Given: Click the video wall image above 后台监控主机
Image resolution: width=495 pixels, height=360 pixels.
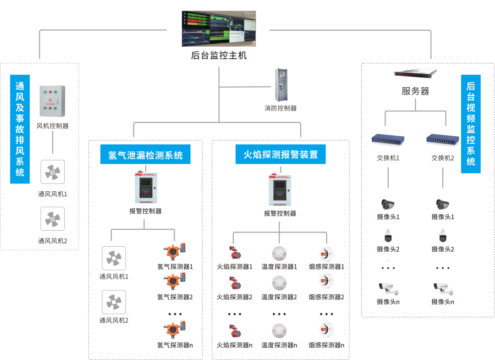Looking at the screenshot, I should [219, 28].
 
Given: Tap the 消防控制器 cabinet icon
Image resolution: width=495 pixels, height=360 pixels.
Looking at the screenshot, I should [281, 85].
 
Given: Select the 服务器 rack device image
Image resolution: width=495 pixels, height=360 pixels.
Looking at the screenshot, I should [415, 73].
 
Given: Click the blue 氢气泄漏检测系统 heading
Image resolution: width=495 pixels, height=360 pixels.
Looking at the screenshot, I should [145, 155].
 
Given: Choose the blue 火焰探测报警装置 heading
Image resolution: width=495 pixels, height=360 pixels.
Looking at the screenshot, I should [280, 154].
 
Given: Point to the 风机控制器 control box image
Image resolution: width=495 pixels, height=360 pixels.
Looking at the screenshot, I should [52, 101].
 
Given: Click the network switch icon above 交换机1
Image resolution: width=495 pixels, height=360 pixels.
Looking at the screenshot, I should [388, 139].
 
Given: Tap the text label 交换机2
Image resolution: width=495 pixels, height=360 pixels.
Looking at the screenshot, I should [443, 158].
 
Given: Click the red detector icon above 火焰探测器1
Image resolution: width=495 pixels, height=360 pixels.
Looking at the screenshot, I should [235, 253].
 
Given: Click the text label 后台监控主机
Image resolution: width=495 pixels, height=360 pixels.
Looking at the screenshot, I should [219, 56].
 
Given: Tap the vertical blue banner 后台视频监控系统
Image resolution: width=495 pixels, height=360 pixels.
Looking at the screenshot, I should [471, 124].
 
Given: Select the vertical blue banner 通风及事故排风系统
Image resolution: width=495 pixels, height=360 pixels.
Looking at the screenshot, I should [20, 129].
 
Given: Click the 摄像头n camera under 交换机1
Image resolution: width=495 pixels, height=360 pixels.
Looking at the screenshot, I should [388, 289].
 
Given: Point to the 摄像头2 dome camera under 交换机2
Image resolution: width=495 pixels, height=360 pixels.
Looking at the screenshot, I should [443, 236].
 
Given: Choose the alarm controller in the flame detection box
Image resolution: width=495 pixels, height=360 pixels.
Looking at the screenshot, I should [280, 189].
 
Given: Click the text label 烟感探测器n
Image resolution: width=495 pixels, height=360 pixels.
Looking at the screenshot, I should [326, 345].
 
